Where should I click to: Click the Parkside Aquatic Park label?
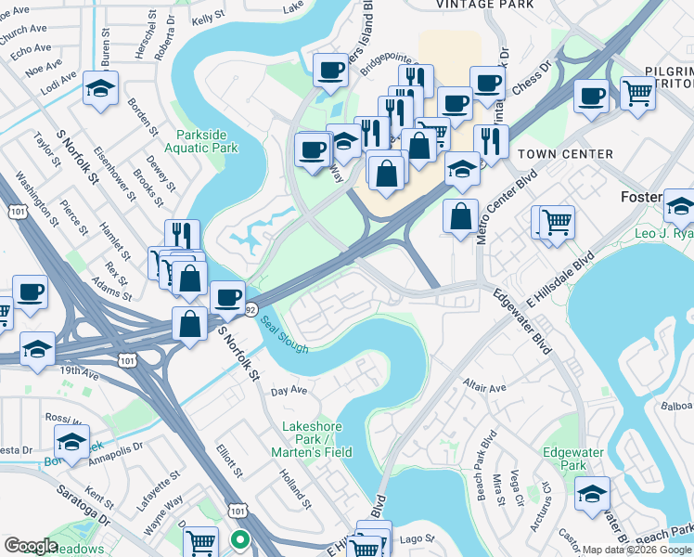(x=201, y=140)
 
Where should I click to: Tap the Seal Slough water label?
(x=283, y=335)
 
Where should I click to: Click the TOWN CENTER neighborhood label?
(x=565, y=154)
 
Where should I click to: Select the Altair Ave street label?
(x=483, y=387)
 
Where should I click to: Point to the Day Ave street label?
(x=289, y=392)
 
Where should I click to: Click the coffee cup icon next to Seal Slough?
(x=226, y=298)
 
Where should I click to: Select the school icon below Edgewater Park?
(x=592, y=495)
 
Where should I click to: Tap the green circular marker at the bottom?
(x=240, y=538)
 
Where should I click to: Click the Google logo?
(x=31, y=546)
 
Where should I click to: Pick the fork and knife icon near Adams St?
(x=182, y=236)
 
